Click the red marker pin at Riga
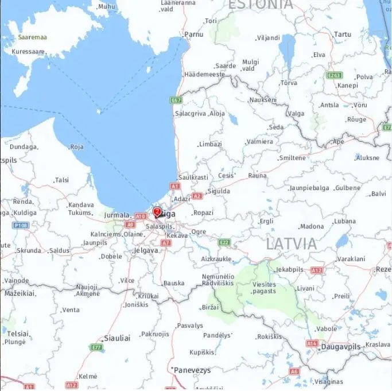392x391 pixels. tap(157, 212)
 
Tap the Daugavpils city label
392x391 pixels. tap(341, 347)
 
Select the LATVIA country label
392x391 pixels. tap(291, 243)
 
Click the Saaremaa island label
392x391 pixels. tap(32, 37)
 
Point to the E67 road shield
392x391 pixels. tap(176, 100)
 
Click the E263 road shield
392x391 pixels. tap(334, 75)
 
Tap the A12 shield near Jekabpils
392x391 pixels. tap(316, 270)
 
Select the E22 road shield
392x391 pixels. tap(224, 242)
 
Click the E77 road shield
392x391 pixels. tap(96, 347)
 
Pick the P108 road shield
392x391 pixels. tap(21, 225)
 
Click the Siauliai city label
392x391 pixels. tap(117, 338)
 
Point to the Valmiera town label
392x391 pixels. tap(259, 141)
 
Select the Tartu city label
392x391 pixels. tap(343, 34)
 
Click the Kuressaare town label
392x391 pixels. tap(28, 51)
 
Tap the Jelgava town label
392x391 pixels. tap(146, 250)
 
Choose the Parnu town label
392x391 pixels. tap(194, 34)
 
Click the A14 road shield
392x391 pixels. tap(312, 343)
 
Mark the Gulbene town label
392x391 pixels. tap(348, 188)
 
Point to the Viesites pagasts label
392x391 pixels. tap(264, 288)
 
